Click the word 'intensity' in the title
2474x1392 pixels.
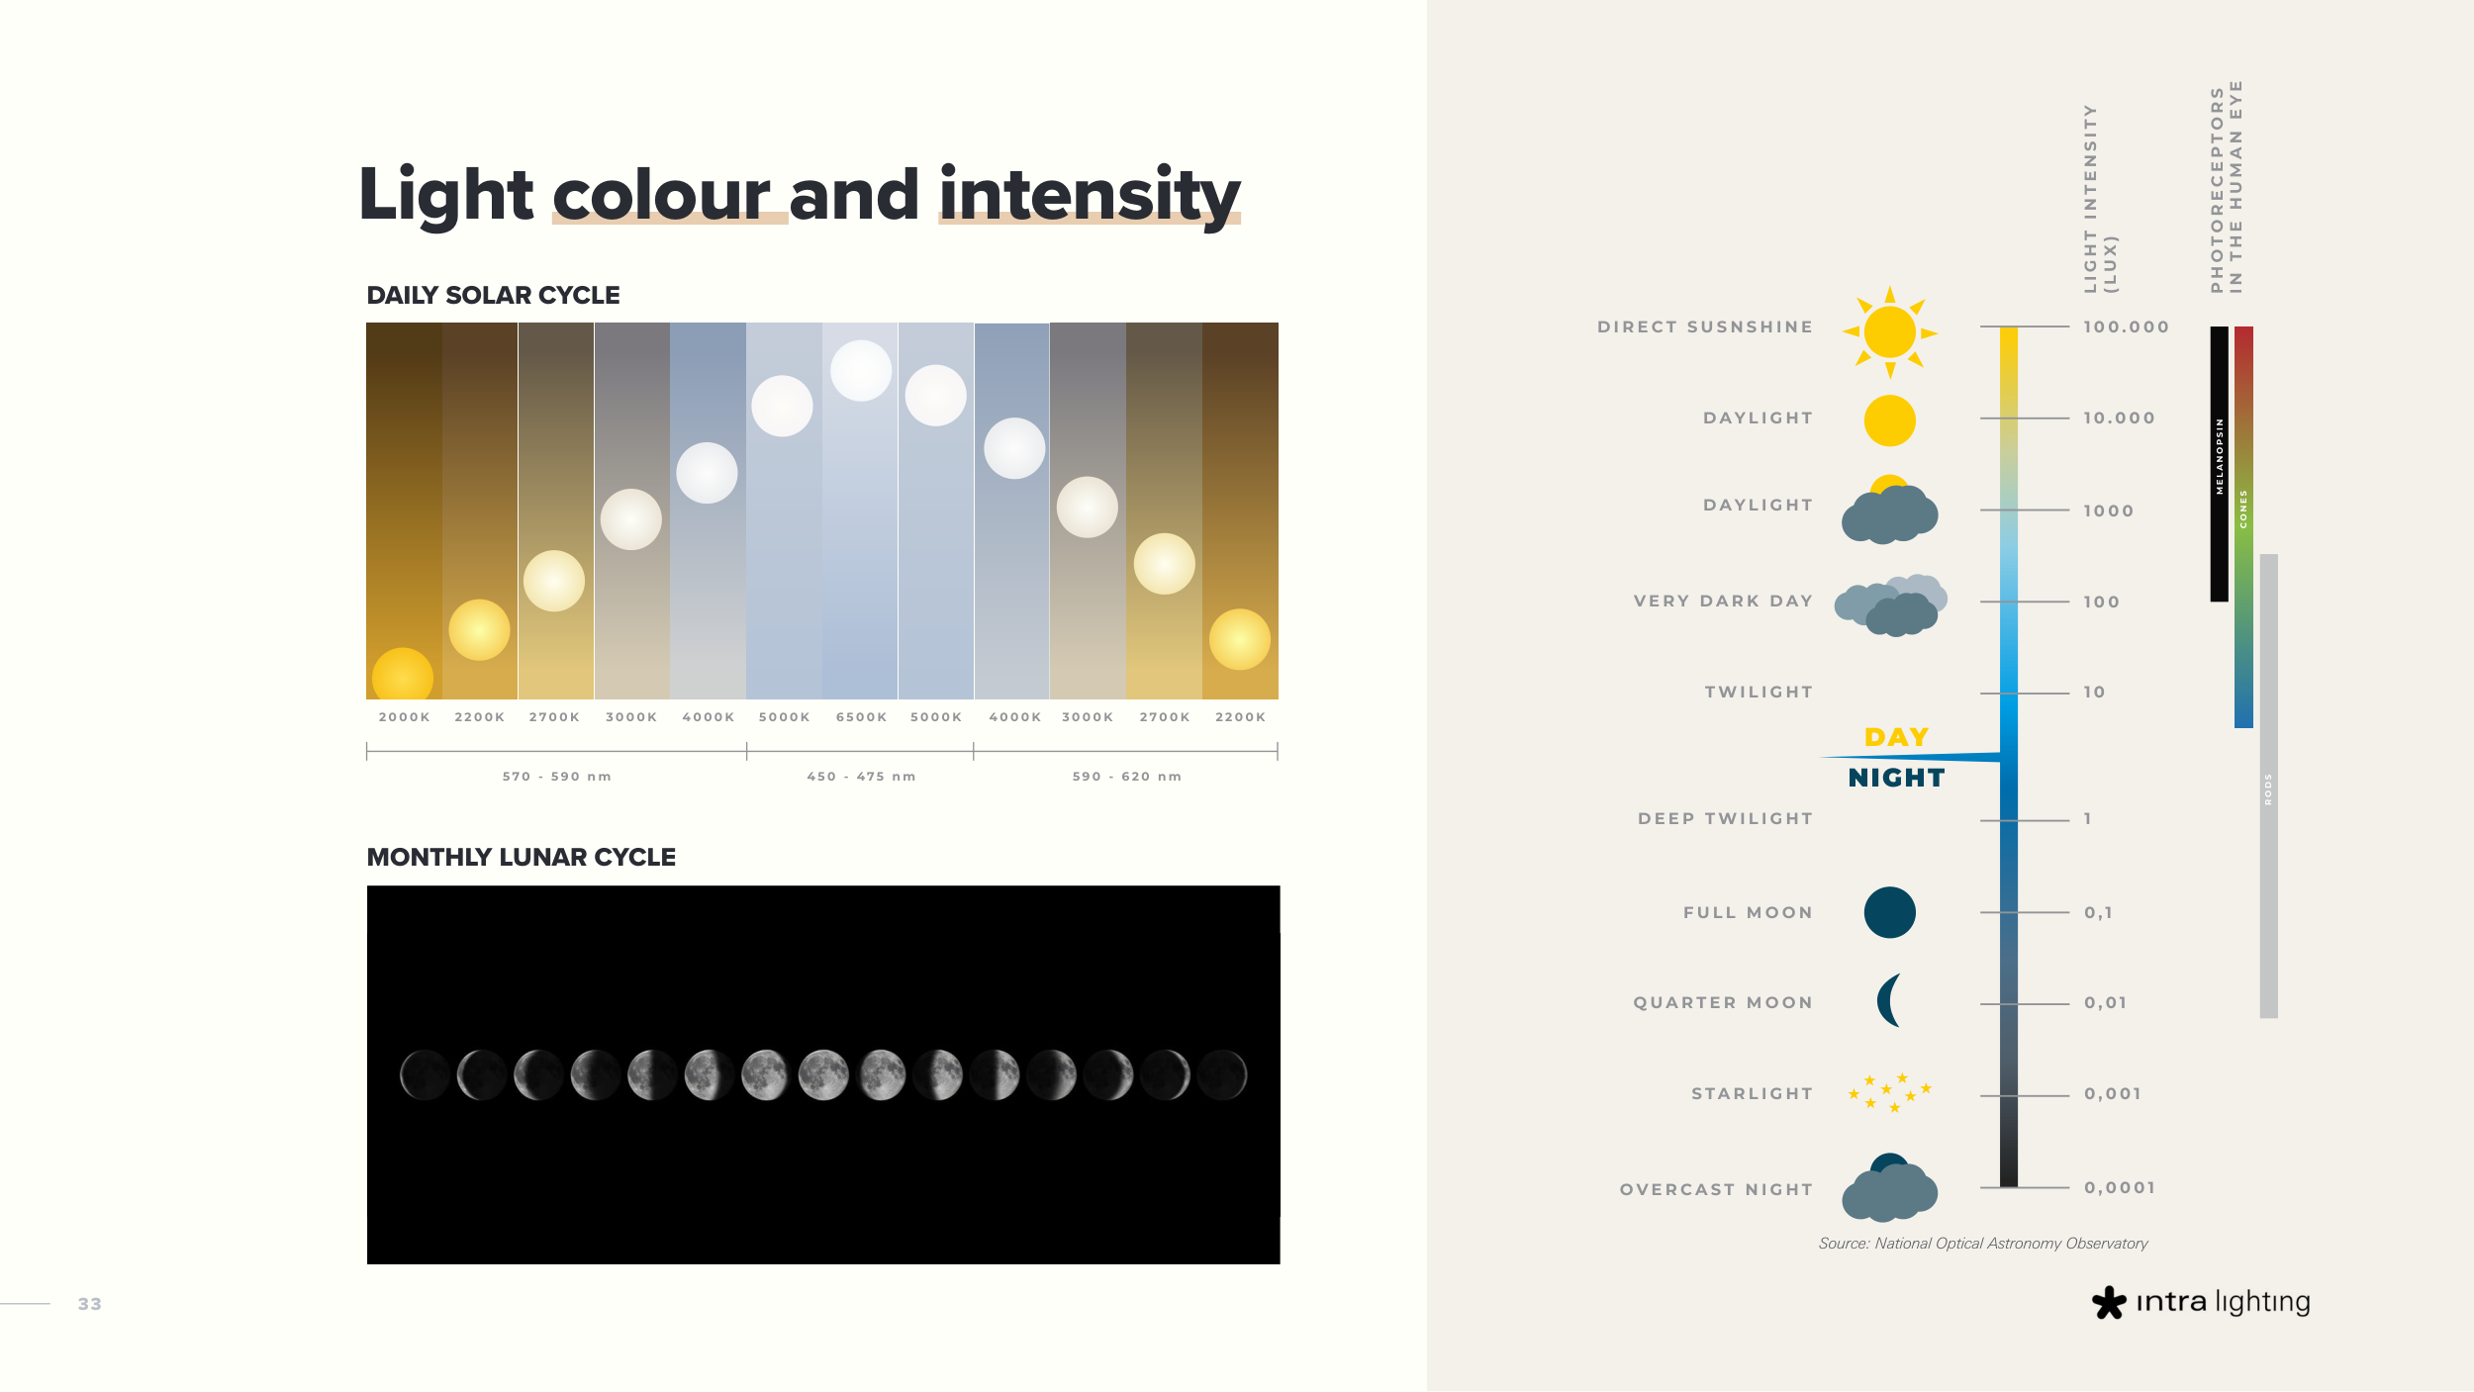click(1090, 196)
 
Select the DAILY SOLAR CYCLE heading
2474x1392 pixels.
click(493, 295)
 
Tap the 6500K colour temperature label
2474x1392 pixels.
click(861, 717)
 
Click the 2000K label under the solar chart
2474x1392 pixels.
click(404, 717)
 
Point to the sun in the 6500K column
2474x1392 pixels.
click(861, 371)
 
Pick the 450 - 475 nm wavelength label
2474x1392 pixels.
click(861, 777)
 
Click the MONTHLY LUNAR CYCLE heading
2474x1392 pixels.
click(521, 857)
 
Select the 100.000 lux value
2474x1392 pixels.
click(2126, 326)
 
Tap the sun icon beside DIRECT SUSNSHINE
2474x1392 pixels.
click(1889, 332)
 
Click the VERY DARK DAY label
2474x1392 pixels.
click(1723, 601)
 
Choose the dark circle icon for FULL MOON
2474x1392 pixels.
click(1889, 912)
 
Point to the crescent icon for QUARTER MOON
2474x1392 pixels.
click(1887, 1000)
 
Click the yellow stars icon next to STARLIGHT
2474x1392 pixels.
click(1889, 1092)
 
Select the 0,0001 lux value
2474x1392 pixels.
click(2120, 1187)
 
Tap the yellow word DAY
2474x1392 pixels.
click(1896, 737)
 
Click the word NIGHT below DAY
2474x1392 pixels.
click(1896, 778)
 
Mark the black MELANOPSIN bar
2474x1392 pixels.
click(2219, 464)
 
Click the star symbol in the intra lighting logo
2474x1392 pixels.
click(2108, 1302)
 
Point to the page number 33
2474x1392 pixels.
click(90, 1304)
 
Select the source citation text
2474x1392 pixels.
click(1983, 1244)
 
